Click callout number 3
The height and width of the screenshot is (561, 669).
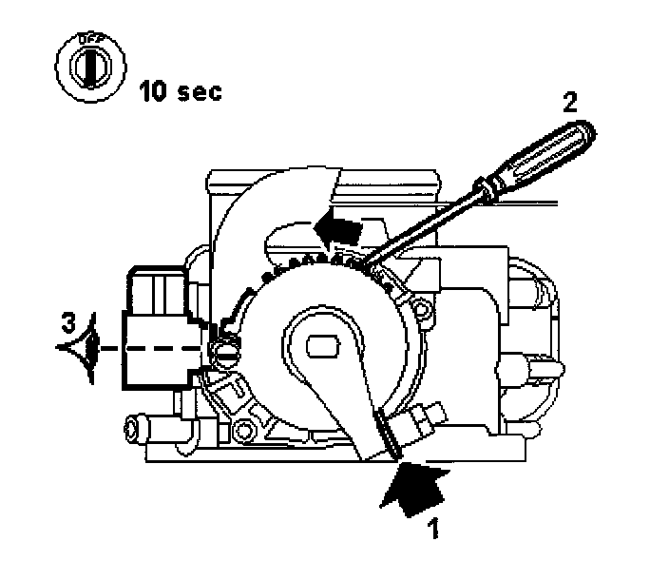pos(67,320)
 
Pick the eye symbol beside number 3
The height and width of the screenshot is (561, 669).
pos(84,347)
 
